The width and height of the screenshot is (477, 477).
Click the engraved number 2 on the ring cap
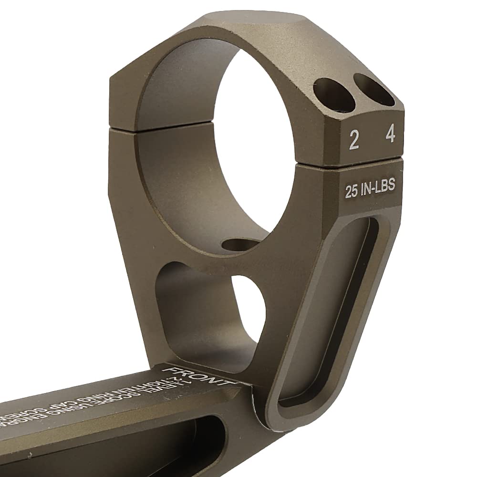click(x=354, y=140)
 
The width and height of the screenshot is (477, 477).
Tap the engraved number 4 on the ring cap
click(x=391, y=135)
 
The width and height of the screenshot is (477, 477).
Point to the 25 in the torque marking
click(x=352, y=192)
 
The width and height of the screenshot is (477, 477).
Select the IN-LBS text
click(x=378, y=187)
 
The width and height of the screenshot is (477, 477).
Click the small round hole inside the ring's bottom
click(x=238, y=244)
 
